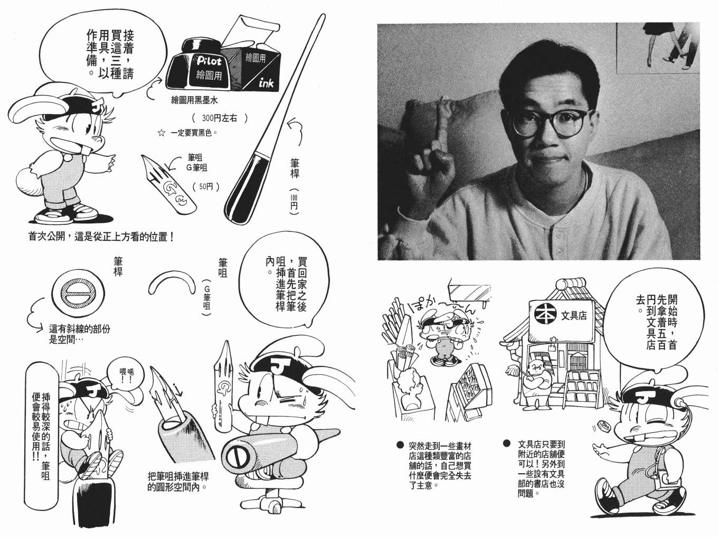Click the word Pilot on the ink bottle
(x=209, y=61)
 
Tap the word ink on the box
(x=266, y=83)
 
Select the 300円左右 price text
(x=220, y=118)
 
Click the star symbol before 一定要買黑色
(x=161, y=133)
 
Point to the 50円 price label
(x=206, y=186)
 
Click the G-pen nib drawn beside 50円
(x=168, y=185)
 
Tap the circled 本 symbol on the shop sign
(x=545, y=315)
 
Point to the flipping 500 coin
(x=604, y=435)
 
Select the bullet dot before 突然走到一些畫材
(x=400, y=445)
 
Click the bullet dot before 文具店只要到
(x=507, y=444)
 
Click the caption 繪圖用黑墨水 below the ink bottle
(x=194, y=100)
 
